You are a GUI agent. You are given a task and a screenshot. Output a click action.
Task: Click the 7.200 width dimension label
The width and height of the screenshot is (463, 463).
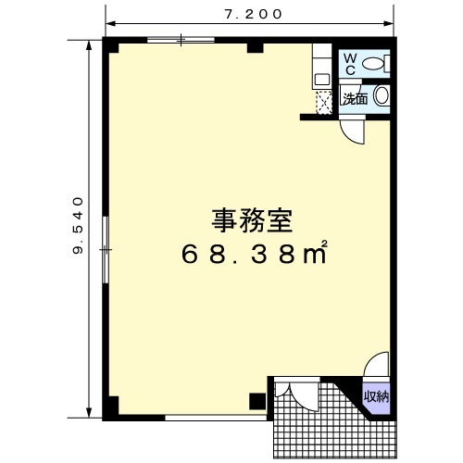coord(253,14)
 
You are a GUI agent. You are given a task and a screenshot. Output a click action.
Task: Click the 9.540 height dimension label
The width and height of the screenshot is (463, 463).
coord(78,225)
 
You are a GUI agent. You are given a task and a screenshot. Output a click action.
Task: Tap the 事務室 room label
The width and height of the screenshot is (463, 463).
coord(252,221)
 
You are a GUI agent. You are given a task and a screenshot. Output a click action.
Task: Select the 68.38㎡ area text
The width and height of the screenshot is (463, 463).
coord(254,253)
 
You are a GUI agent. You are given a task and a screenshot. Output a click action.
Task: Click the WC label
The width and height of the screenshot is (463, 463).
coord(350,64)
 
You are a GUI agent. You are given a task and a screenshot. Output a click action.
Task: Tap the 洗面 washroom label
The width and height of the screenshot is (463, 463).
coord(356,98)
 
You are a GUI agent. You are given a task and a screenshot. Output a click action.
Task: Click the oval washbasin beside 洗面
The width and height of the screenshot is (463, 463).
coord(382,95)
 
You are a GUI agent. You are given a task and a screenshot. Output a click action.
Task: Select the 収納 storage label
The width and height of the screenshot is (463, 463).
coord(376,396)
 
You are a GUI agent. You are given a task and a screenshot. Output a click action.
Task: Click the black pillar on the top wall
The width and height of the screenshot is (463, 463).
coord(256,48)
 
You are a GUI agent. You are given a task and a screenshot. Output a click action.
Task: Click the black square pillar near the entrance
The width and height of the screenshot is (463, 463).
coord(257,402)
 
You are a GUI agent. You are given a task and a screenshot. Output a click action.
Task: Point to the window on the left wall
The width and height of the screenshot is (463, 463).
coord(106,249)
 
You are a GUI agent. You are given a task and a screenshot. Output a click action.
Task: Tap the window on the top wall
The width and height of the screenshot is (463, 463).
coord(181,40)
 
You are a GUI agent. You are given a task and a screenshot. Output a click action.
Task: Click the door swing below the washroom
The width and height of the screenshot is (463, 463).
coord(353,132)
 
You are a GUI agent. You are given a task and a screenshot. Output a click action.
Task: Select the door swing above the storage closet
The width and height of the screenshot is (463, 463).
coord(376,365)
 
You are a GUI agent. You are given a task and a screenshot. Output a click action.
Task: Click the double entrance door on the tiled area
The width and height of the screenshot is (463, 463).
coord(296,396)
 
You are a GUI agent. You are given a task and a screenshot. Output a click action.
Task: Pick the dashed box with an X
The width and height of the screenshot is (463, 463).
coord(324,103)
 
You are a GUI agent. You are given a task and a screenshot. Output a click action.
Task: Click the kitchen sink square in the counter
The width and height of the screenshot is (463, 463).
coord(321,80)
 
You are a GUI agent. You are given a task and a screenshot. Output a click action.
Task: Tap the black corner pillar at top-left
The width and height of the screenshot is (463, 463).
coord(110,45)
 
